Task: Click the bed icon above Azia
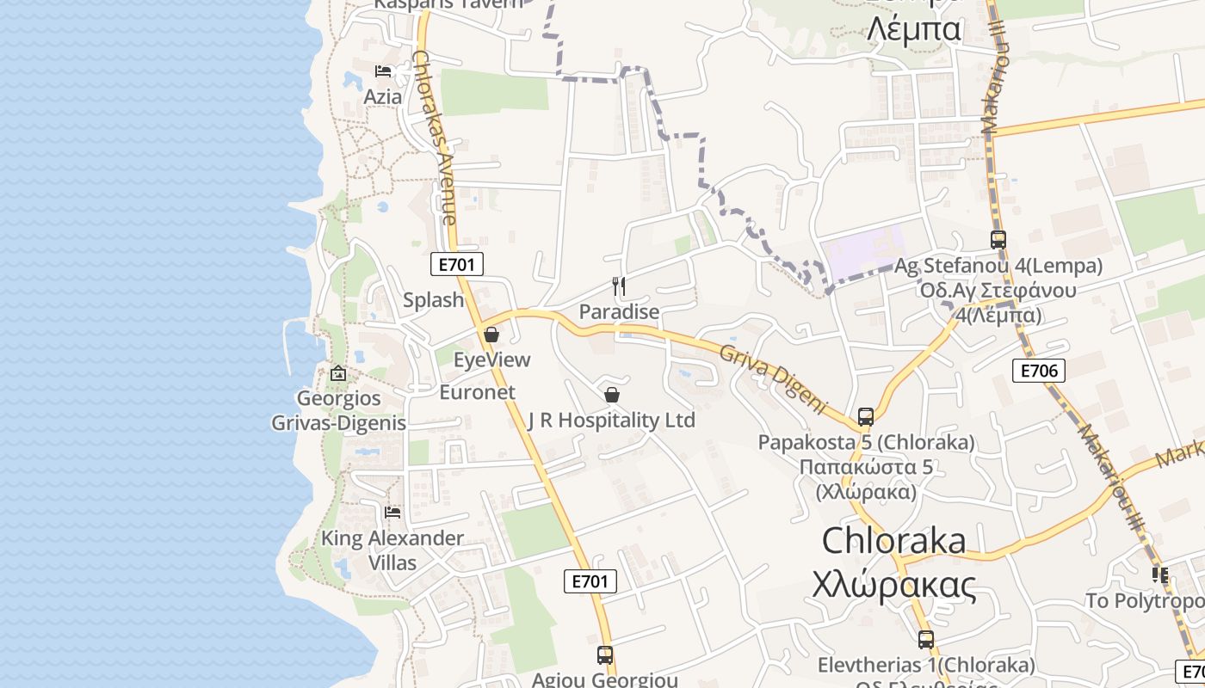tap(383, 71)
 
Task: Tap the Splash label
tap(434, 300)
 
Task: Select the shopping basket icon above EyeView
tap(491, 335)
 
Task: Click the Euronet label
tap(477, 392)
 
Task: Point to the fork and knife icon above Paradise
tap(618, 286)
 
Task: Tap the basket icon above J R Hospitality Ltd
tap(611, 395)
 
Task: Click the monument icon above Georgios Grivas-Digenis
tap(337, 373)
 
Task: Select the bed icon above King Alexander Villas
tap(392, 512)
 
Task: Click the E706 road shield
tap(1038, 371)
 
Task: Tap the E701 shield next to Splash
tap(455, 264)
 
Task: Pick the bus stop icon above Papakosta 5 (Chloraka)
tap(866, 417)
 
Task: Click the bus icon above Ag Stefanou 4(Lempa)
tap(998, 240)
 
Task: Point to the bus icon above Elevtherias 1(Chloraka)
tap(925, 640)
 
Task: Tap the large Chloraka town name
tap(893, 540)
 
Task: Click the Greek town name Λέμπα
tap(913, 29)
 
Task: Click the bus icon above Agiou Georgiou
tap(605, 654)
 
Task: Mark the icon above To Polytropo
tap(1160, 574)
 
